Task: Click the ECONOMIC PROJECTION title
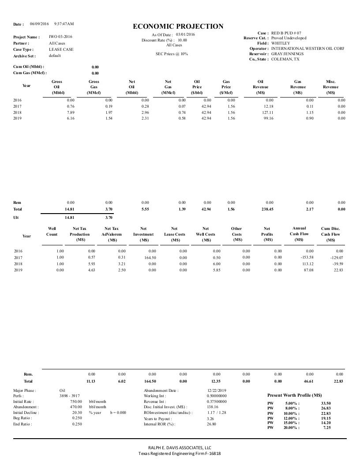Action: point(178,26)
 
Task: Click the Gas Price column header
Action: point(226,87)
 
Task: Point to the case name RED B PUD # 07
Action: point(287,33)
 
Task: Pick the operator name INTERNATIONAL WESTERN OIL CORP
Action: point(307,49)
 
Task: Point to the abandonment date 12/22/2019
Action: point(216,391)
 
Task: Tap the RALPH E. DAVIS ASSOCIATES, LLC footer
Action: point(180,447)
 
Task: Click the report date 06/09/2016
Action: point(39,23)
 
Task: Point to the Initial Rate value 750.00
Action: point(76,402)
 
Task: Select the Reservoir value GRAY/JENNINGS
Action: point(287,54)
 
